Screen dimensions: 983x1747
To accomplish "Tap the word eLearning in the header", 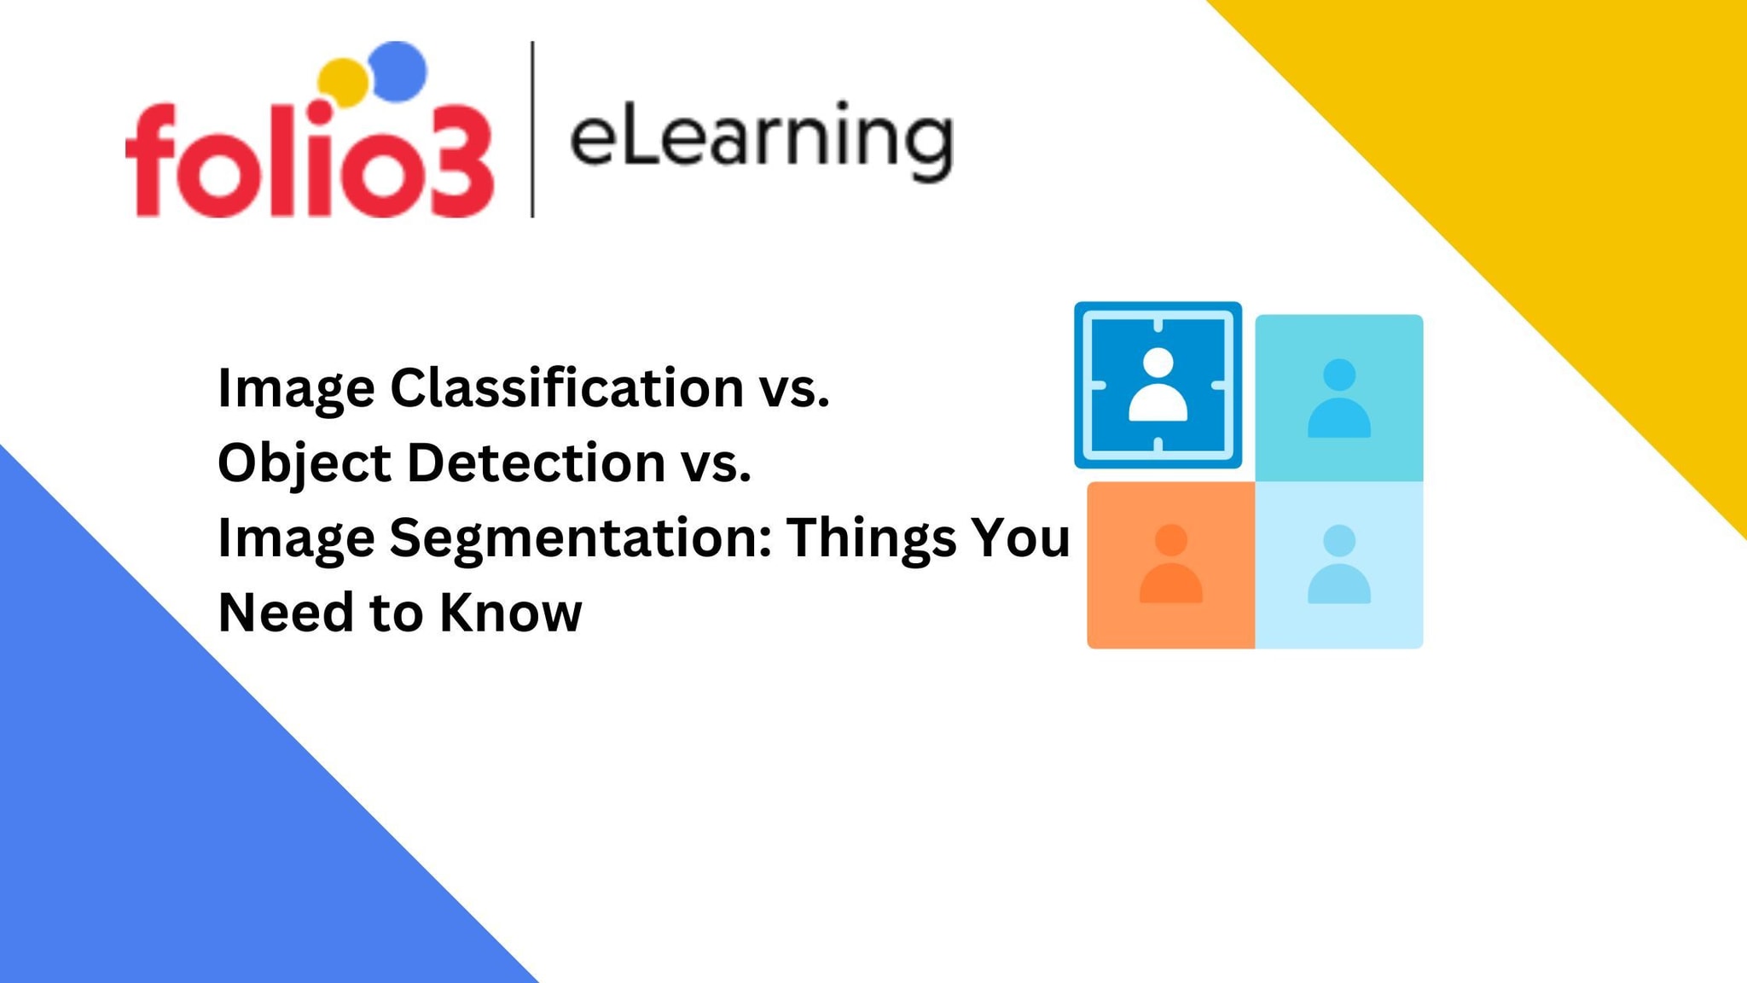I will pyautogui.click(x=760, y=139).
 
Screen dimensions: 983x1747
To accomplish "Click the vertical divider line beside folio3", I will pyautogui.click(x=532, y=129).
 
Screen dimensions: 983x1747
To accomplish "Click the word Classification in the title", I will pyautogui.click(x=566, y=387).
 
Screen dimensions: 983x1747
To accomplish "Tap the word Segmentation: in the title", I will pyautogui.click(x=580, y=538).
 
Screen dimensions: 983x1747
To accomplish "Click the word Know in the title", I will pyautogui.click(x=510, y=612).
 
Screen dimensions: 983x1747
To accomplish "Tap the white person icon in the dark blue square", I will pyautogui.click(x=1158, y=385).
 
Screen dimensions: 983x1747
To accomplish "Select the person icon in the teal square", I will pyautogui.click(x=1338, y=398).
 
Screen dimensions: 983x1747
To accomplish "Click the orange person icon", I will pyautogui.click(x=1170, y=564).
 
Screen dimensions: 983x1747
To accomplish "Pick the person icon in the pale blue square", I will pyautogui.click(x=1338, y=564).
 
